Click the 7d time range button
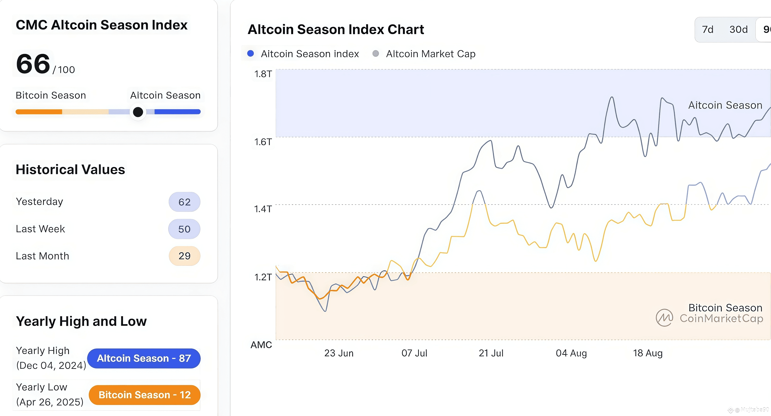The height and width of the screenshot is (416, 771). (x=707, y=30)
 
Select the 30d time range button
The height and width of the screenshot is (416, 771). (x=738, y=30)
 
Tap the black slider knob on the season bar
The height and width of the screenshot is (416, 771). (x=138, y=112)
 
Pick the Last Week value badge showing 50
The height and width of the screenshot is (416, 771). (x=184, y=229)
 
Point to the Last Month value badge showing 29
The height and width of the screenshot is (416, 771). (x=184, y=256)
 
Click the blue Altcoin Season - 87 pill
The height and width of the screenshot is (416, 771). (x=144, y=358)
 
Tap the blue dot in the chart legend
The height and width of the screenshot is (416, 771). (x=250, y=53)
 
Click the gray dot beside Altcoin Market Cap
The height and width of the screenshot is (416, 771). (x=376, y=53)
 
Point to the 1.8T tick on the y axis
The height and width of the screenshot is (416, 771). (x=263, y=74)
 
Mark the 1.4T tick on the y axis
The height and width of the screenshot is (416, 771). (x=263, y=209)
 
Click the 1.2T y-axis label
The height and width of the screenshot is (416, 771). (x=263, y=277)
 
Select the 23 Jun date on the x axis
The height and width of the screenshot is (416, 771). (x=339, y=353)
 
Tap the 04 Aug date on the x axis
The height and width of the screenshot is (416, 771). (x=571, y=353)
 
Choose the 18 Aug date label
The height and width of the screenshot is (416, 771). (x=648, y=353)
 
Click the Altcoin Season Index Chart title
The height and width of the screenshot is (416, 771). (x=336, y=30)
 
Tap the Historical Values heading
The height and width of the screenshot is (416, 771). (x=70, y=170)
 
